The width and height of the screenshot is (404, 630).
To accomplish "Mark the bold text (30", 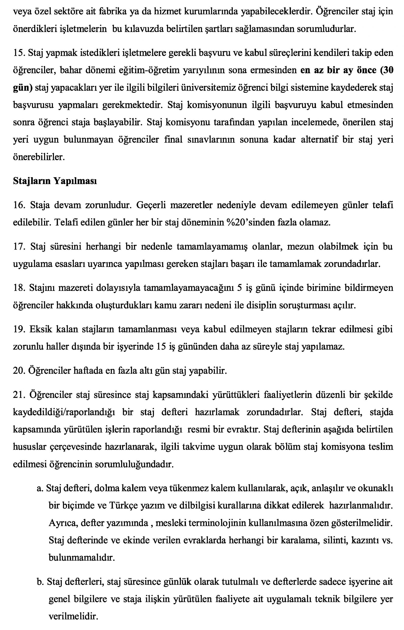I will point(387,71).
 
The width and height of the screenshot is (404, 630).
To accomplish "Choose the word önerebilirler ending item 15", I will point(39,157).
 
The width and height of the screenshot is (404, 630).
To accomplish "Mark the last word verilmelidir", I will point(73,616).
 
